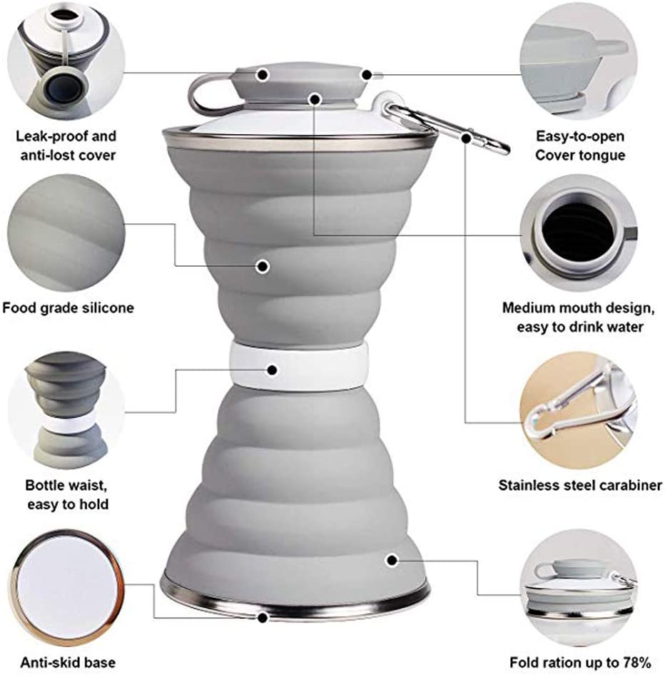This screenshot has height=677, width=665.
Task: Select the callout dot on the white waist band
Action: [x=272, y=370]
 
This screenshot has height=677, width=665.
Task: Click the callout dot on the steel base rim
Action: [x=263, y=618]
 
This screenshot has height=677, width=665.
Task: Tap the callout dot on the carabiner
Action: [x=466, y=138]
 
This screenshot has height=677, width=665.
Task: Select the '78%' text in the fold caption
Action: [x=637, y=662]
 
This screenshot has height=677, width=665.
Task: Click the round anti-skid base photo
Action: [x=67, y=589]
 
